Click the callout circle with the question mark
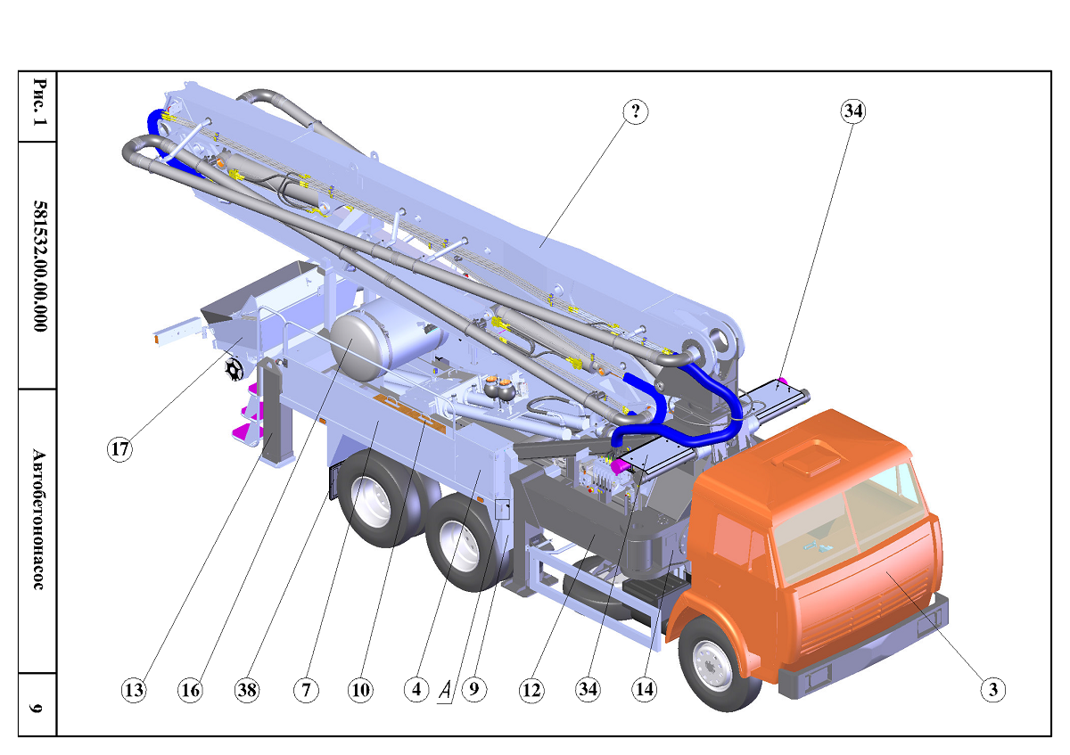pyautogui.click(x=636, y=111)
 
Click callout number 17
pyautogui.click(x=119, y=449)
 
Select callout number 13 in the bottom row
pyautogui.click(x=134, y=690)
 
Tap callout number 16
pyautogui.click(x=190, y=690)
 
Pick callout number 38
pyautogui.click(x=247, y=690)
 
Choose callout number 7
pyautogui.click(x=306, y=690)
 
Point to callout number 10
pyautogui.click(x=360, y=690)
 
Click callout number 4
pyautogui.click(x=416, y=689)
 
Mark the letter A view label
pyautogui.click(x=445, y=691)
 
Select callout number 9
pyautogui.click(x=473, y=689)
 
